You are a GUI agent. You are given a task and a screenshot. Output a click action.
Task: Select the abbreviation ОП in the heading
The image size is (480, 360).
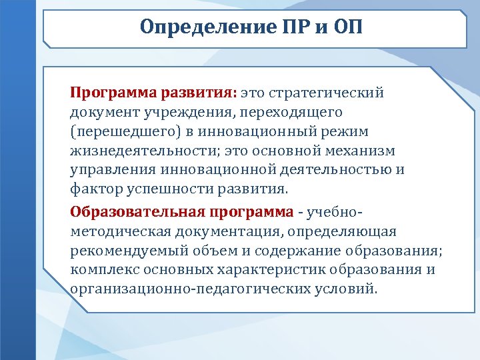tap(349, 27)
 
